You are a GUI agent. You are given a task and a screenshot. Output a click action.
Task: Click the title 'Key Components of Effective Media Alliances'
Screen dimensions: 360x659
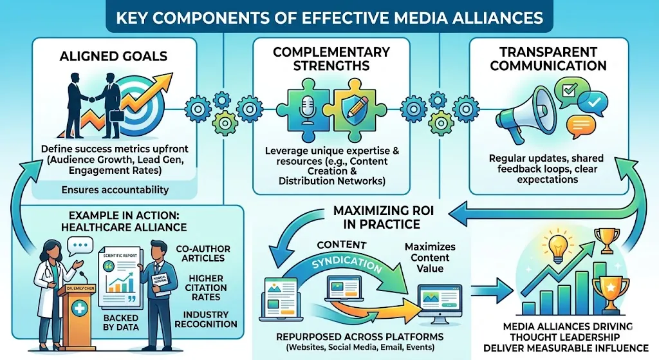click(329, 16)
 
